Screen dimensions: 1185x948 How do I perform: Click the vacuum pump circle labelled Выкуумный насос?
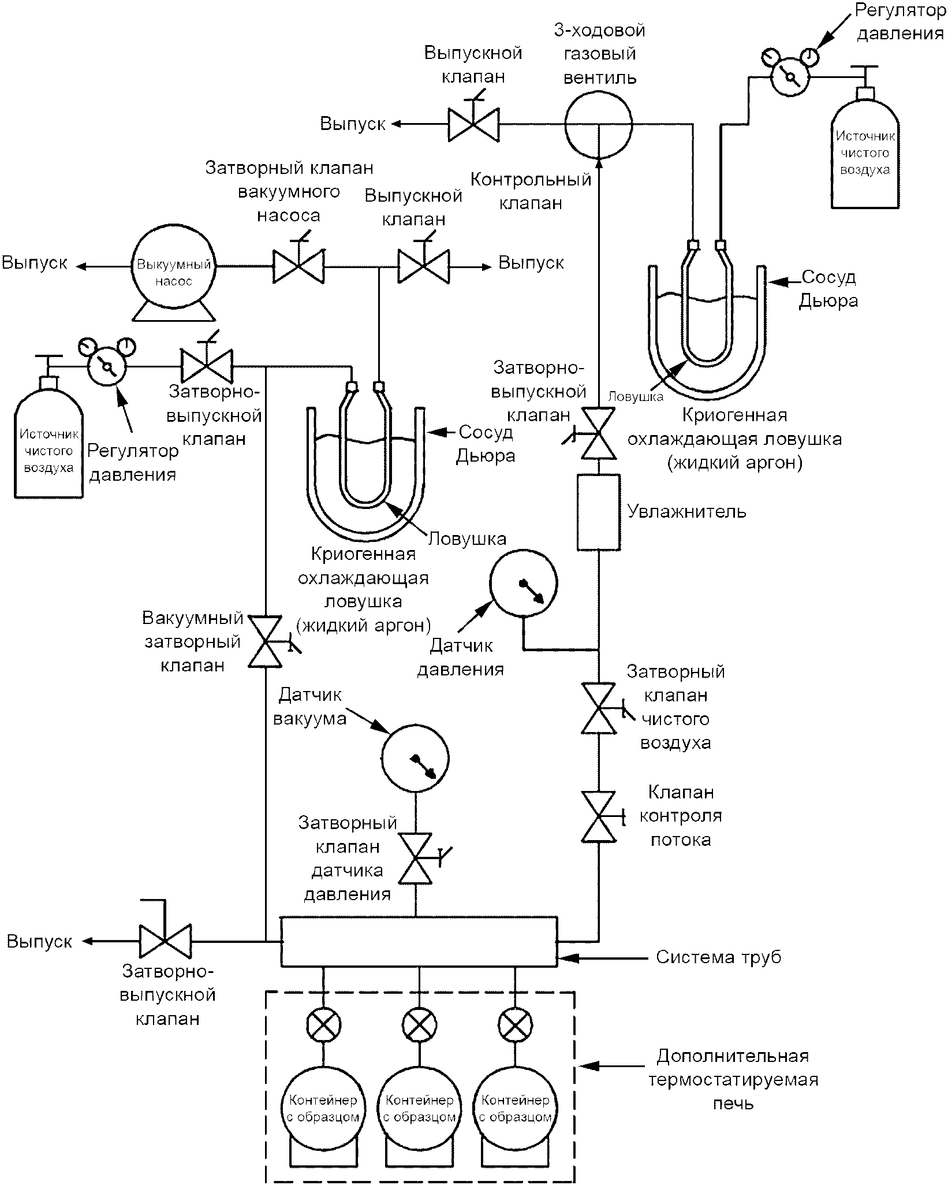(173, 266)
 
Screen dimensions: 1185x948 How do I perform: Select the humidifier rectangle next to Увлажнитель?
(598, 512)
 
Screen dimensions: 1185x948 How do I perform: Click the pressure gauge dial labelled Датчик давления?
(524, 583)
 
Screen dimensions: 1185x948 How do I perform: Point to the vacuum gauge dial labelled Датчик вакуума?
(415, 757)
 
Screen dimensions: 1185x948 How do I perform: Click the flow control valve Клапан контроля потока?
(599, 816)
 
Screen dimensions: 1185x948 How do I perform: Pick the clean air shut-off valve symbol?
(599, 708)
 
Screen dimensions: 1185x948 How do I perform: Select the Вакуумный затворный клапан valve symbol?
(266, 641)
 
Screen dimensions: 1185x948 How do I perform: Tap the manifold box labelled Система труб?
(419, 941)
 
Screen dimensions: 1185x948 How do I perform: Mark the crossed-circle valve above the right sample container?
(515, 1024)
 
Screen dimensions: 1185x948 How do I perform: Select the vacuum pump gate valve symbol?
(298, 266)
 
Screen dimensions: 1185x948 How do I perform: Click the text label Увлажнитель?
(686, 512)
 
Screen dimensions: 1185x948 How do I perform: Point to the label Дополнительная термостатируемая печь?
(733, 1079)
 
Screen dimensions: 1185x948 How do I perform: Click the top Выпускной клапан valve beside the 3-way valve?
(473, 124)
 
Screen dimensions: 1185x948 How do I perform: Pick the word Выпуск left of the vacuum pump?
(35, 263)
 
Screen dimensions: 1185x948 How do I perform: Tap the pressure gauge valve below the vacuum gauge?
(416, 858)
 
